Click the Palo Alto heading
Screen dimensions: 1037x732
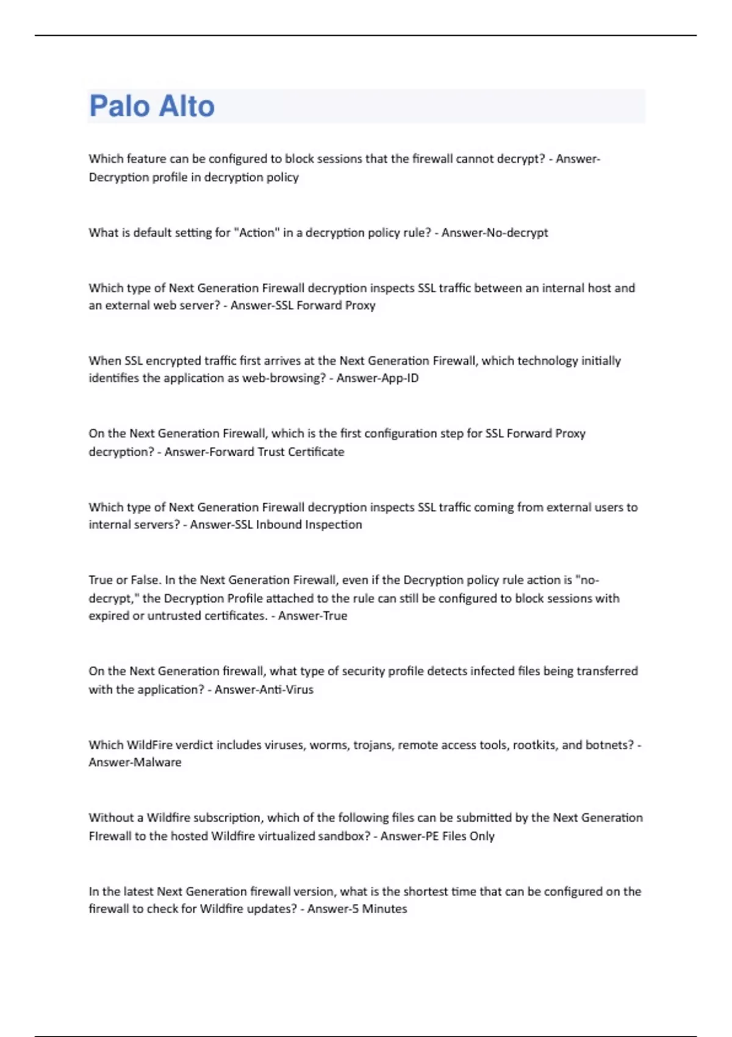152,106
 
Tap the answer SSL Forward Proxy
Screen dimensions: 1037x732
335,305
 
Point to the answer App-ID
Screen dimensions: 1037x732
400,378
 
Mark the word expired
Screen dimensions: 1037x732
109,616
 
